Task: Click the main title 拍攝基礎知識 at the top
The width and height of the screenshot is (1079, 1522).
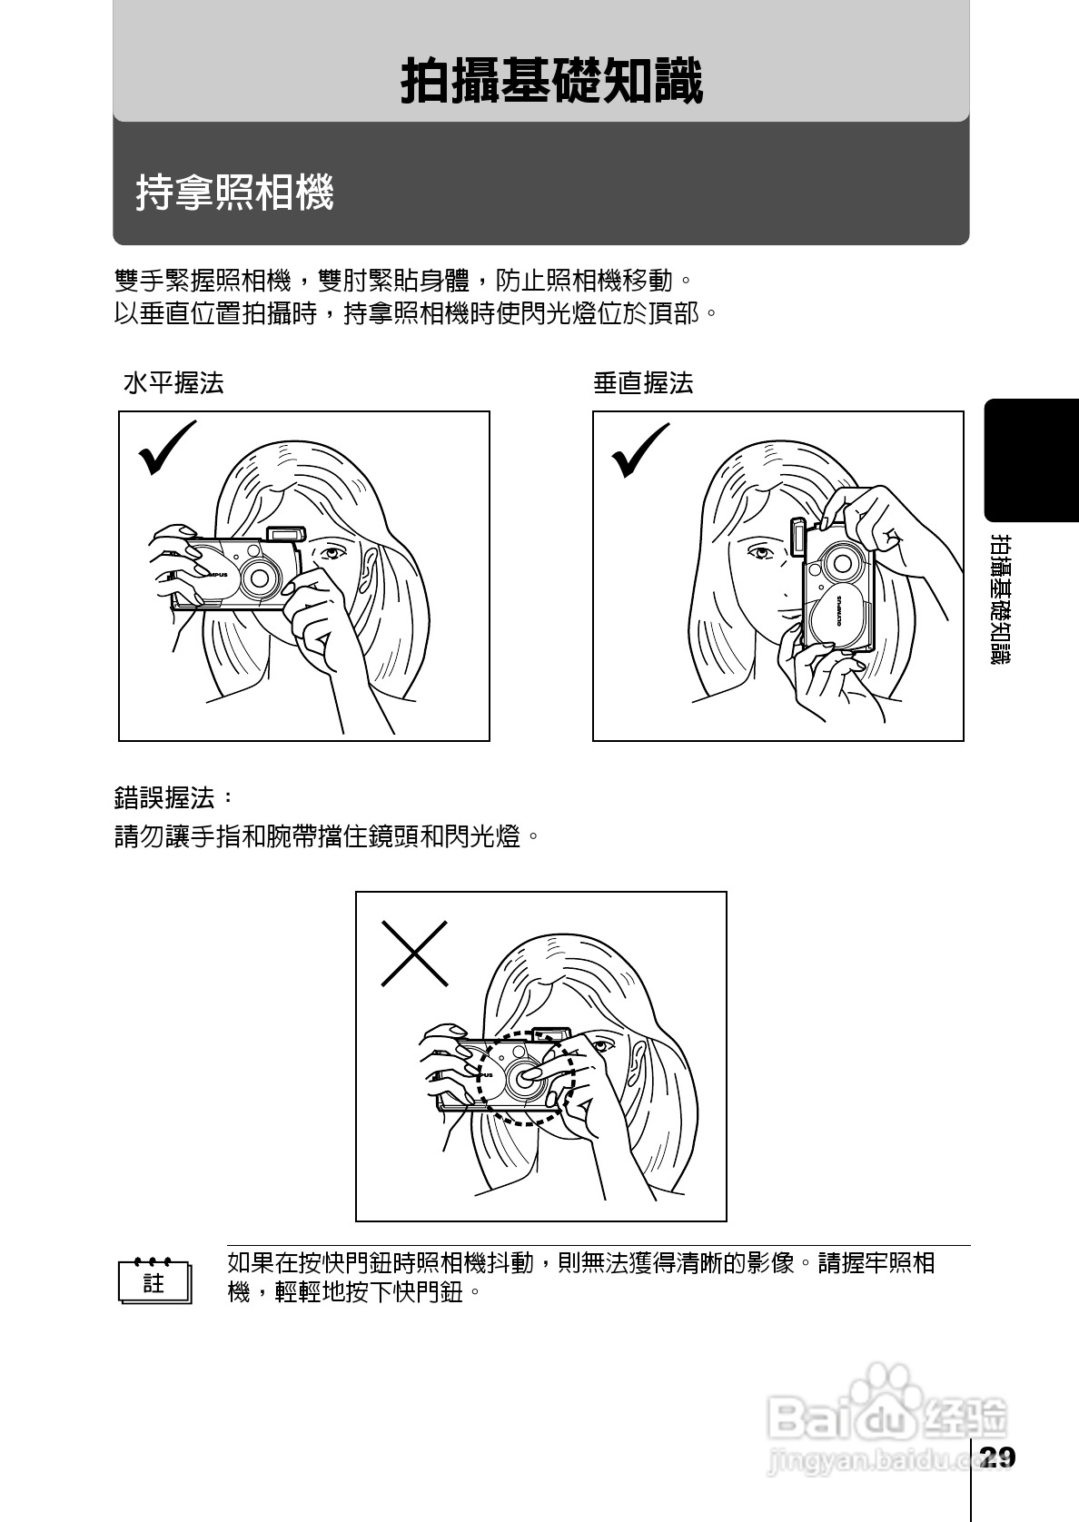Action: (x=551, y=82)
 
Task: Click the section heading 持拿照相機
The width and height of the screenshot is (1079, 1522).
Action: (x=235, y=193)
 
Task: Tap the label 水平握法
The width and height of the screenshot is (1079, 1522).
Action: (x=173, y=383)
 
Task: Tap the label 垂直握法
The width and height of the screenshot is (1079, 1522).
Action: (x=643, y=383)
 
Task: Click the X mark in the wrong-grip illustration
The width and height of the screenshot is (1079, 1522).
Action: (x=414, y=954)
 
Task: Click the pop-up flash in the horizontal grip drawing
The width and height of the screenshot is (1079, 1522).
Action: (x=286, y=534)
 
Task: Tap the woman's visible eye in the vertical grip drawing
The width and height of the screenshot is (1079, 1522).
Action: (x=759, y=550)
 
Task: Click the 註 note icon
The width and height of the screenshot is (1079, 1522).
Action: (x=154, y=1281)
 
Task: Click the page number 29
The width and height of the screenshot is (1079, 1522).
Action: (x=996, y=1458)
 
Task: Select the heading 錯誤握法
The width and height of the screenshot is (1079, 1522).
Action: (x=173, y=798)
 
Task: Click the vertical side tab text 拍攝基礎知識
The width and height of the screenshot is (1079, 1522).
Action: (x=1000, y=599)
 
